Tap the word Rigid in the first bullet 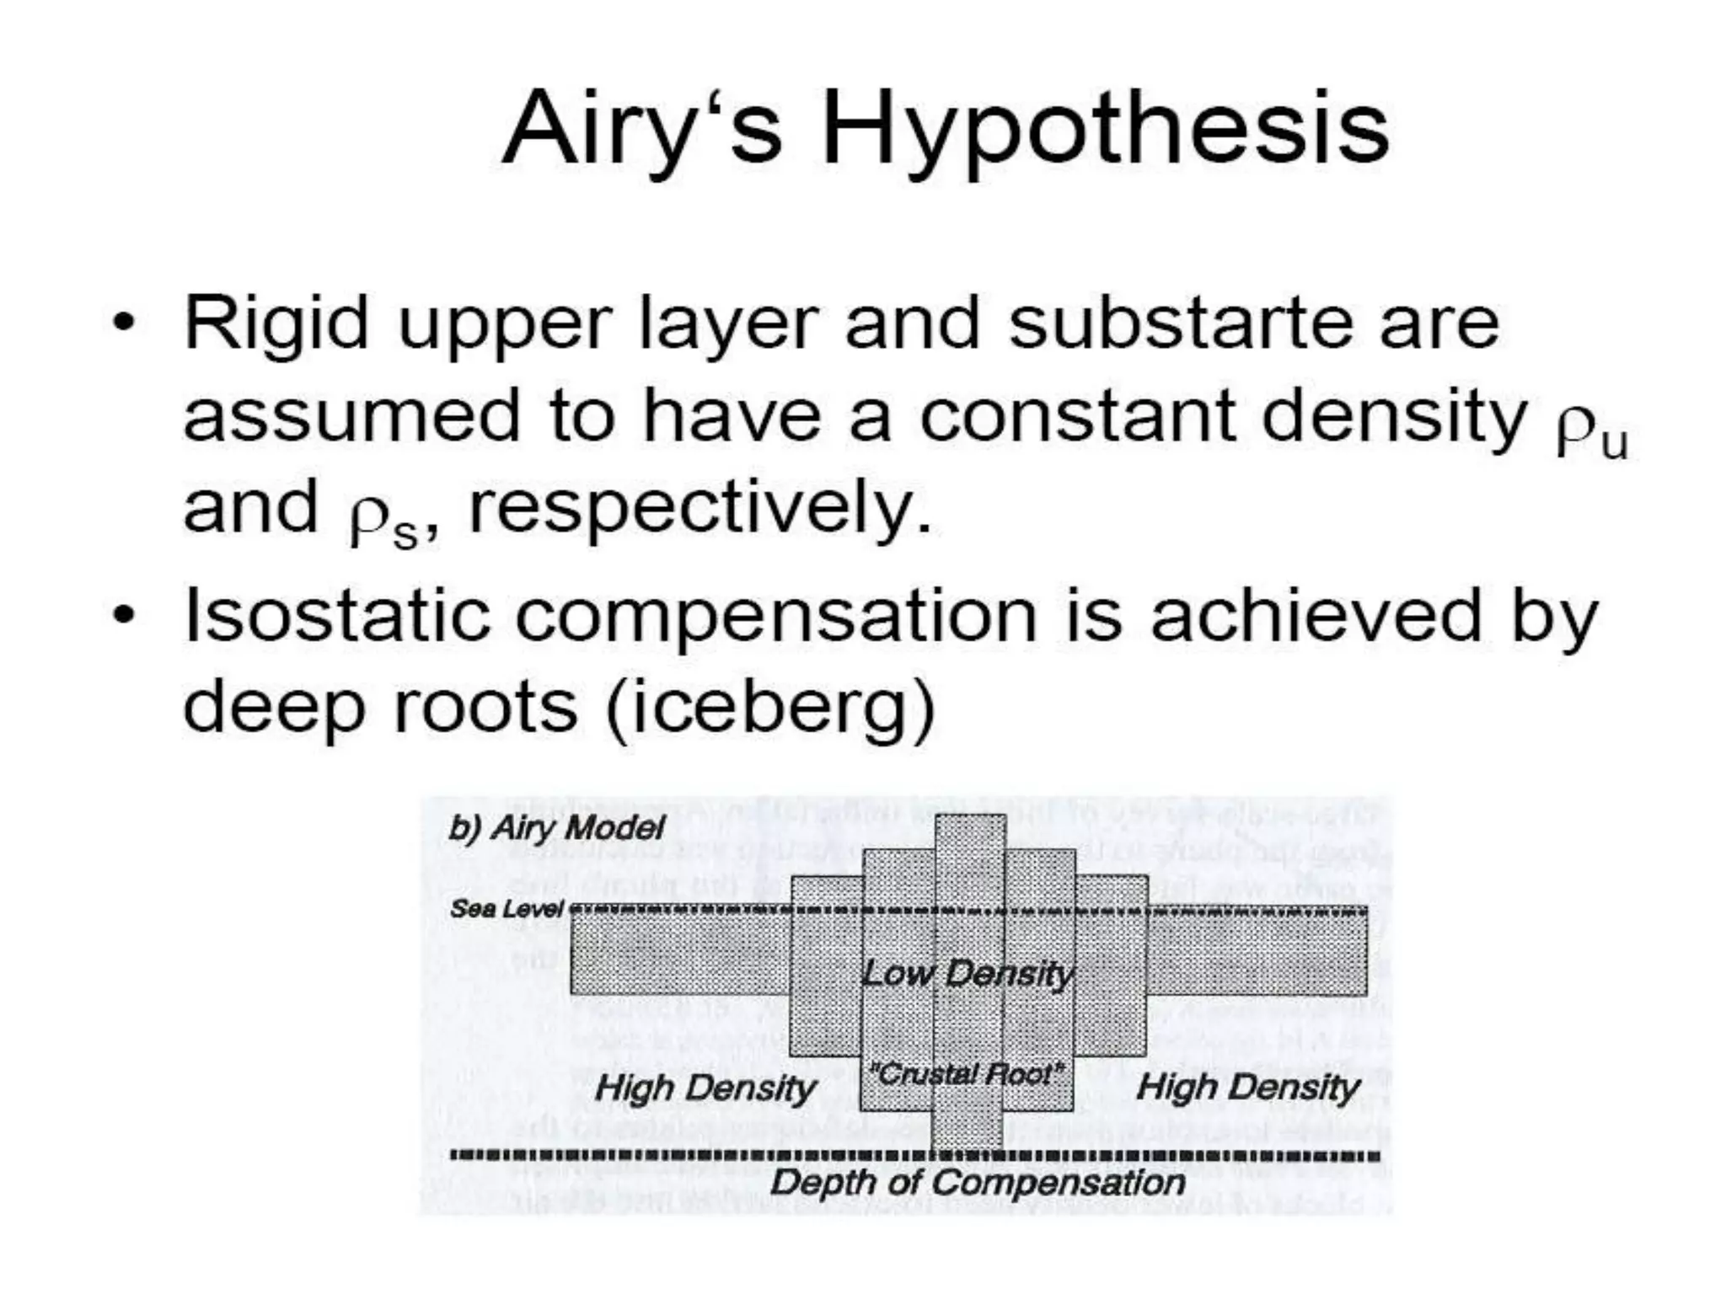[x=276, y=324]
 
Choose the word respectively [x=700, y=510]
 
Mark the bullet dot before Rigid [x=124, y=323]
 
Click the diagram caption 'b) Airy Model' [x=557, y=828]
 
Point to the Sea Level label [x=507, y=908]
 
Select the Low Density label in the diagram [x=967, y=974]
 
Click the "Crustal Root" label [x=966, y=1074]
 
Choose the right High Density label [x=1248, y=1088]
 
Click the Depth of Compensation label [x=978, y=1183]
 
